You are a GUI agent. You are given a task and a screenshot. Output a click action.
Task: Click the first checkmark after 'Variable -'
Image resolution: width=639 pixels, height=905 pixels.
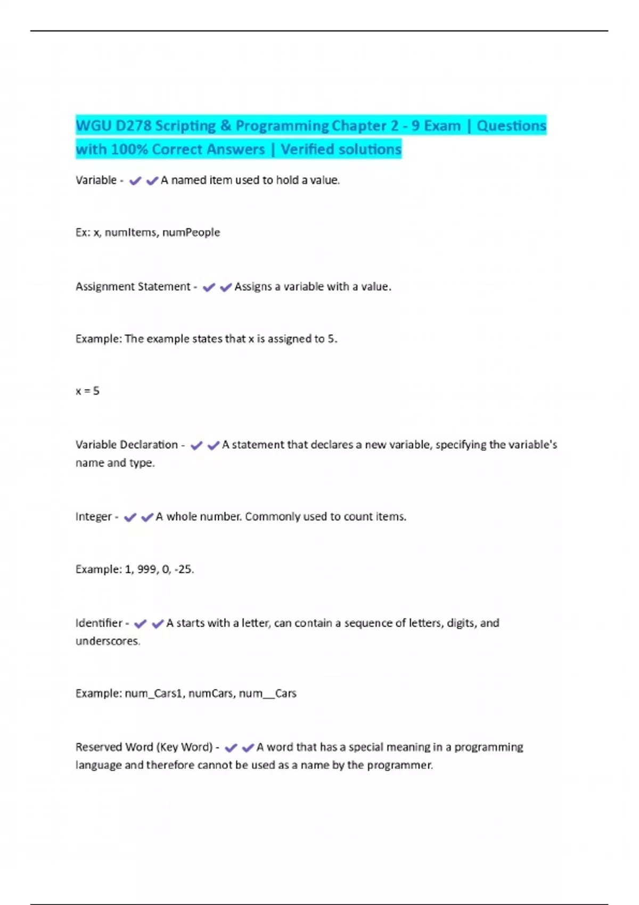point(135,181)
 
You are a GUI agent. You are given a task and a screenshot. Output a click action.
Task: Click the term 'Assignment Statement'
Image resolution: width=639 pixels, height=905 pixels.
point(133,286)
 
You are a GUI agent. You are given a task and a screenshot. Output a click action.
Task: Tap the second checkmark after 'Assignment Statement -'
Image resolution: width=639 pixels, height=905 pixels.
point(226,287)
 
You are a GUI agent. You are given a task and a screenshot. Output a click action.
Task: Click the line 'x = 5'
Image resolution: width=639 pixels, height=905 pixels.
point(87,391)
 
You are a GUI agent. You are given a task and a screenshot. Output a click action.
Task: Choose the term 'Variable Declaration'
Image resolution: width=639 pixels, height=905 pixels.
point(127,445)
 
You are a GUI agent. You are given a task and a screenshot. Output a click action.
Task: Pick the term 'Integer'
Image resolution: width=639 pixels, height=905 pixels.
point(94,516)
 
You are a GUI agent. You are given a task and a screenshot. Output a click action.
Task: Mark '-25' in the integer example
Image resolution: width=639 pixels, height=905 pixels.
point(184,569)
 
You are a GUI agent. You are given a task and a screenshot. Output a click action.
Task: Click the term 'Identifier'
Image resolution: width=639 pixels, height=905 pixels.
point(99,623)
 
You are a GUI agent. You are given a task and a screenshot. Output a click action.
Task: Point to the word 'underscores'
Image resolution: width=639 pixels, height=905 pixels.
point(107,641)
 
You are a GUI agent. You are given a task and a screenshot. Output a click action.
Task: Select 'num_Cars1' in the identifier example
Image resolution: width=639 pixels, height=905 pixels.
point(154,693)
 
